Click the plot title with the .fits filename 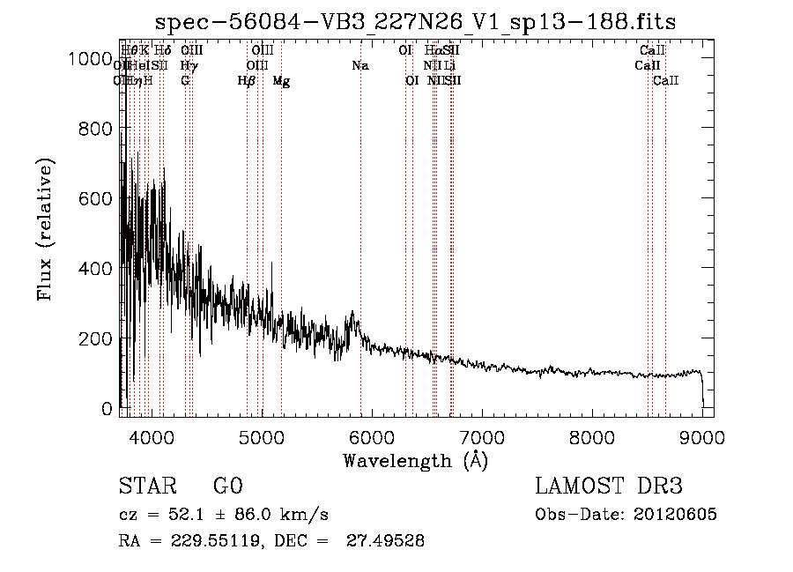click(415, 22)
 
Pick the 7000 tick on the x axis click(482, 437)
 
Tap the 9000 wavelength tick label click(702, 437)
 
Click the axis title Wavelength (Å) click(415, 461)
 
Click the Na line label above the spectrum click(359, 65)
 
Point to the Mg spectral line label click(281, 81)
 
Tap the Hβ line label click(247, 81)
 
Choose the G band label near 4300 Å click(185, 81)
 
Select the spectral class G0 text click(227, 487)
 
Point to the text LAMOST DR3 click(609, 487)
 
